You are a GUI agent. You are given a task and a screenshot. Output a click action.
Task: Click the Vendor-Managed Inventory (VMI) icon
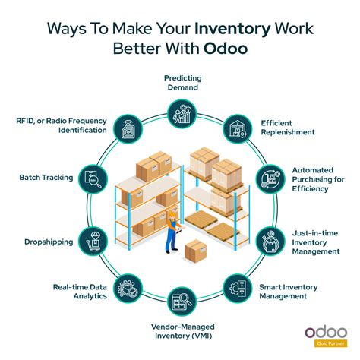pyautogui.click(x=180, y=298)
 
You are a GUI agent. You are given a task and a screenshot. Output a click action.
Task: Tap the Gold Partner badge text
pyautogui.click(x=328, y=343)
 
